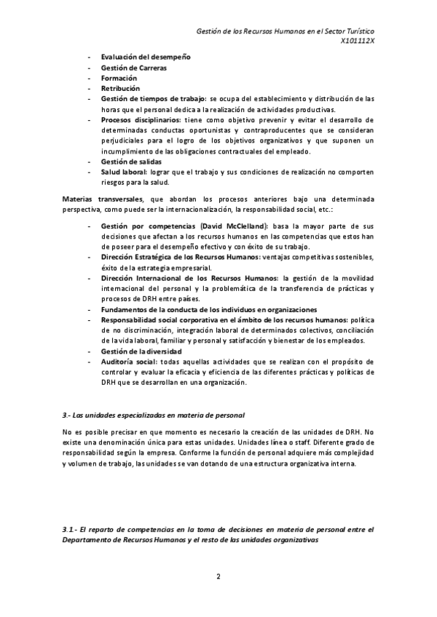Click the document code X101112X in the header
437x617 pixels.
[x=357, y=41]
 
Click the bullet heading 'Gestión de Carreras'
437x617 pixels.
[x=133, y=68]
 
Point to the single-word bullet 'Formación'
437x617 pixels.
[x=118, y=77]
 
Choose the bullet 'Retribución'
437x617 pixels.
[x=120, y=87]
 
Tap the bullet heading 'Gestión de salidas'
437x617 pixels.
[x=131, y=161]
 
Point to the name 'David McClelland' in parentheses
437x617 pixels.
[x=234, y=227]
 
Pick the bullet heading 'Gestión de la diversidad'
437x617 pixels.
[x=141, y=351]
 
